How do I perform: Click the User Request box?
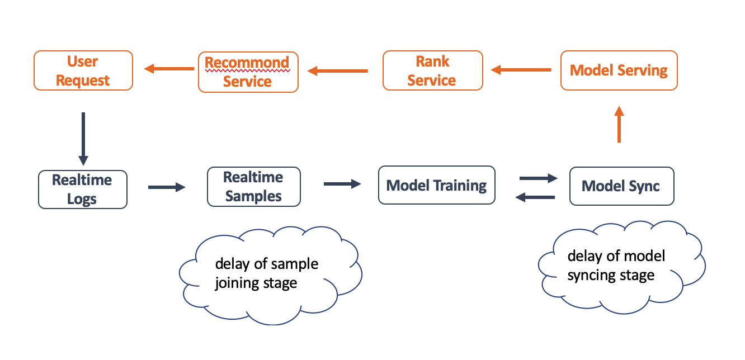(x=83, y=70)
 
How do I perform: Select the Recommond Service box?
(x=248, y=72)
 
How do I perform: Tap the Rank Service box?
(x=433, y=70)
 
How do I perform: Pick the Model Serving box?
(x=619, y=70)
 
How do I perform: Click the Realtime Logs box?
(x=82, y=190)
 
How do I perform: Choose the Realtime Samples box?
(x=254, y=187)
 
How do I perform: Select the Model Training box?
(x=437, y=185)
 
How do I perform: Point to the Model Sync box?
(x=621, y=186)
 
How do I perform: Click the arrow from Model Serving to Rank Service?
(x=521, y=70)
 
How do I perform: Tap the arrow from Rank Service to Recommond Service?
(x=337, y=71)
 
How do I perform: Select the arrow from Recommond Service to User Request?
(x=169, y=69)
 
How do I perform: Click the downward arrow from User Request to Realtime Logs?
(x=83, y=139)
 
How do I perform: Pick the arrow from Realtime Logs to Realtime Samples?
(x=167, y=187)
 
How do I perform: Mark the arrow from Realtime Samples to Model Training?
(x=342, y=184)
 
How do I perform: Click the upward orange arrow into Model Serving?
(x=619, y=124)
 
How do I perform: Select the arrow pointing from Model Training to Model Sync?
(x=539, y=178)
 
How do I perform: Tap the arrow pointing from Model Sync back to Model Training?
(x=535, y=197)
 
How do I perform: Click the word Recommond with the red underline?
(x=247, y=63)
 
